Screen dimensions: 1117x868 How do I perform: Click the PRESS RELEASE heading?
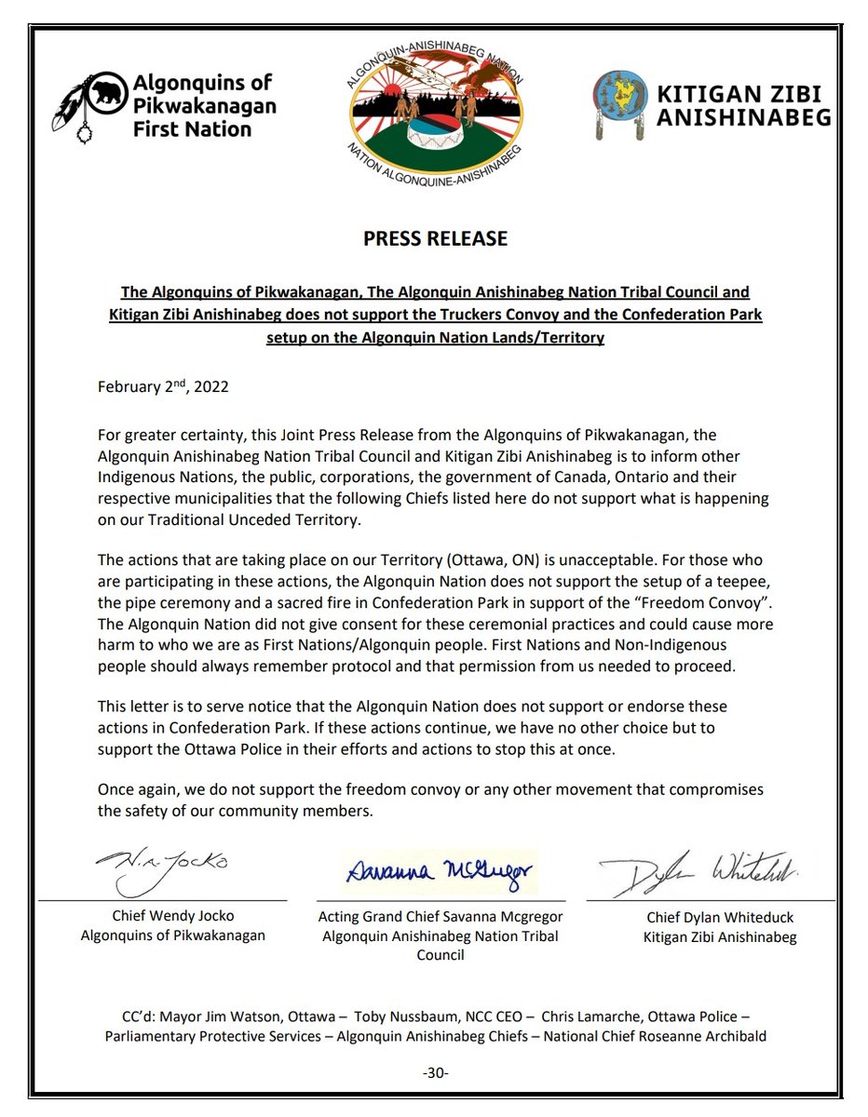point(435,238)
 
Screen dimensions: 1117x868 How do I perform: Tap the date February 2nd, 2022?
point(163,387)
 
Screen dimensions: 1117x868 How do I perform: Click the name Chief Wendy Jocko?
point(172,917)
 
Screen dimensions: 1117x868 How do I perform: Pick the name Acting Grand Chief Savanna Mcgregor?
point(441,917)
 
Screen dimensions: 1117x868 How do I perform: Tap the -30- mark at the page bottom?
point(435,1073)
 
